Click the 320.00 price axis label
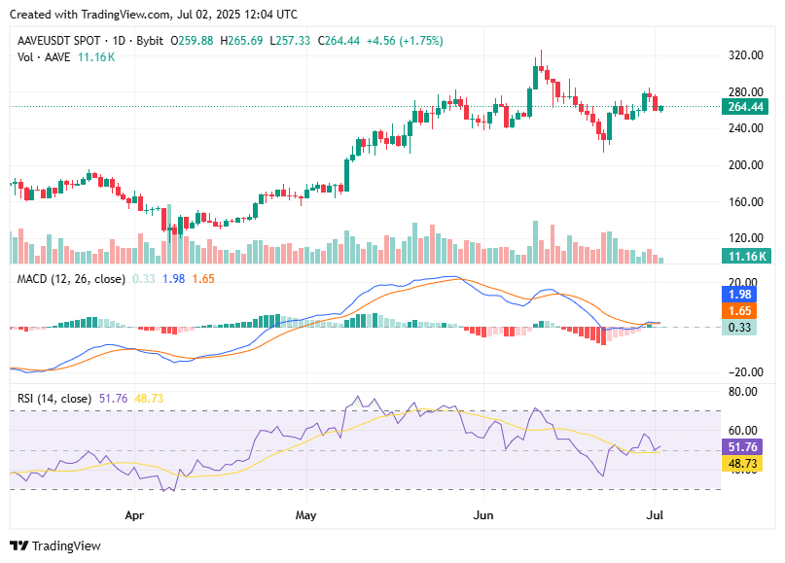click(745, 55)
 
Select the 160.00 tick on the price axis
click(745, 201)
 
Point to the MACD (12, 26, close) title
click(71, 279)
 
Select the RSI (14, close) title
click(54, 399)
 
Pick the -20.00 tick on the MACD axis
click(743, 371)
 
